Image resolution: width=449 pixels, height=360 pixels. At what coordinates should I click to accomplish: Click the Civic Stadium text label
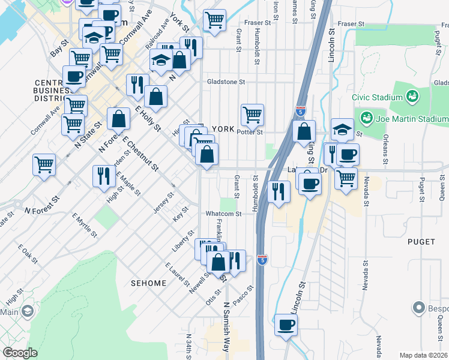point(376,96)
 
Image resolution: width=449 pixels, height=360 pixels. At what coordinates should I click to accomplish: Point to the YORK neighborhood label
point(222,129)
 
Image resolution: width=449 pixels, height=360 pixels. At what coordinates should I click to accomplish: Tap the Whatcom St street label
point(223,214)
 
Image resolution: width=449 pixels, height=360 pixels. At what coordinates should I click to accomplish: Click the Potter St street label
point(250,132)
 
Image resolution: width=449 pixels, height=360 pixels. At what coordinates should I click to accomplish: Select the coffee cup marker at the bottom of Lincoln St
point(286,325)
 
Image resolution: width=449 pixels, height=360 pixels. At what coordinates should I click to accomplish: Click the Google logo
point(20,353)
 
